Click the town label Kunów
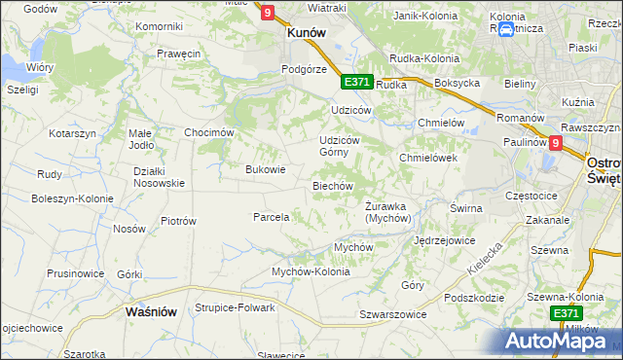(305, 32)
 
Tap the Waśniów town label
(151, 311)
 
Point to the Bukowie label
(265, 169)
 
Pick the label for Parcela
(271, 217)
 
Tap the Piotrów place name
(178, 221)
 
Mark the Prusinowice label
(74, 273)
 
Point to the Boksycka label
(458, 84)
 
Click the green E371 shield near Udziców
(356, 82)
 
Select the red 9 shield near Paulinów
(555, 142)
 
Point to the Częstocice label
(531, 196)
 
